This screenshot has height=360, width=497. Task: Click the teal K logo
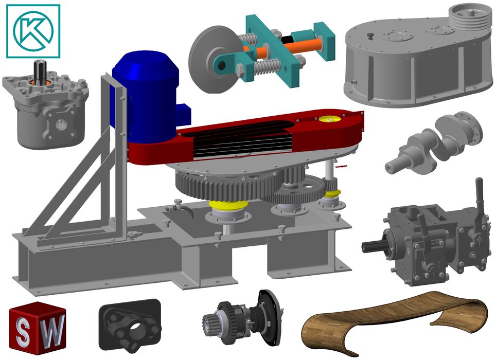pos(33,31)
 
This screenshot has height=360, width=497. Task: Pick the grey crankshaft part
pos(434,142)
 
